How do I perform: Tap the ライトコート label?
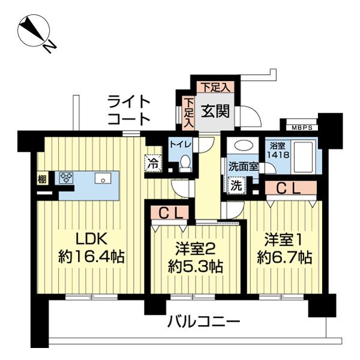click(128, 110)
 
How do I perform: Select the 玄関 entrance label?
click(213, 111)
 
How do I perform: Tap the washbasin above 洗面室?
click(242, 146)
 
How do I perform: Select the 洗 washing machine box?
click(238, 185)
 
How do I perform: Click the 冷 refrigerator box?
click(153, 163)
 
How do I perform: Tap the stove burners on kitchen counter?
click(65, 178)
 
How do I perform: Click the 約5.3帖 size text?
click(195, 266)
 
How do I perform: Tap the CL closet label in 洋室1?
click(291, 188)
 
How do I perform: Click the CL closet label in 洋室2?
click(170, 212)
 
